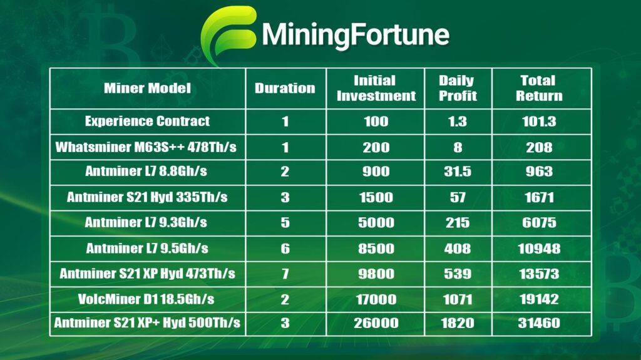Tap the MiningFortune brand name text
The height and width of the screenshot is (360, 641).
(356, 35)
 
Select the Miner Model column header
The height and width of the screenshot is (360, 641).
(147, 88)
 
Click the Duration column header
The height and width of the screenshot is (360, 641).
(285, 88)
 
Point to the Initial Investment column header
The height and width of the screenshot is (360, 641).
(376, 88)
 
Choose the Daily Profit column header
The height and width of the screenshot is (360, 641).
(458, 88)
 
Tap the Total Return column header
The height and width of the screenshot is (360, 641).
(539, 88)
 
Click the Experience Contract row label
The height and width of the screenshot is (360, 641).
(147, 121)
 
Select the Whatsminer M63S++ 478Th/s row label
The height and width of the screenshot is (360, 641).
(146, 147)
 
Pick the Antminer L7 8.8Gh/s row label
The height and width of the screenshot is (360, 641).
(146, 171)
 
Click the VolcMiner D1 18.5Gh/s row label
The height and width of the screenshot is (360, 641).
(146, 299)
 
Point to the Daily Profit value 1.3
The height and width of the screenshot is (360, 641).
(458, 121)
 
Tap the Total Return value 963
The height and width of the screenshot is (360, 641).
(539, 172)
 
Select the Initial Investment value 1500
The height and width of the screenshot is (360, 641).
(376, 197)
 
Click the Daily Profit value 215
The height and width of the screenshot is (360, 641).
(458, 222)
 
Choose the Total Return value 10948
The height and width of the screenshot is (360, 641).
(539, 249)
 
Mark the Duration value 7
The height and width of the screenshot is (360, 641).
(285, 274)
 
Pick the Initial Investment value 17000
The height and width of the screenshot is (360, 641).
(376, 299)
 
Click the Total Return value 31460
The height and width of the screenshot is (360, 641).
(539, 323)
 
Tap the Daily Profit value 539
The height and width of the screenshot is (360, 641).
(458, 274)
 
